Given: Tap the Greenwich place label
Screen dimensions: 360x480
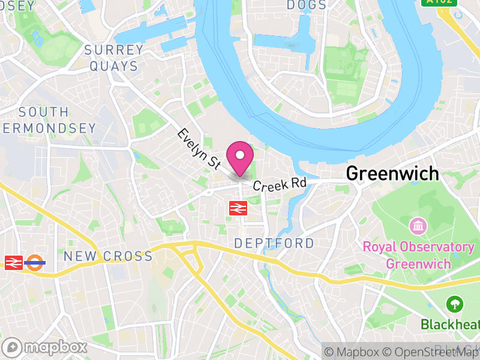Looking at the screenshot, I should [x=392, y=174].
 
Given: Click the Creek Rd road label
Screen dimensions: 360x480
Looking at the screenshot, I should [x=279, y=184].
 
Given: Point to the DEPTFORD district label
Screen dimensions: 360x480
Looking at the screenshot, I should [x=274, y=243].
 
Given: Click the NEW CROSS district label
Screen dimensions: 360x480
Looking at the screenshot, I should [x=108, y=256].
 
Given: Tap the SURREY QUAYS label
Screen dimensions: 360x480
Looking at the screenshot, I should [x=114, y=58].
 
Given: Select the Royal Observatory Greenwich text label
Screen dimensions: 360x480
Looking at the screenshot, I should [x=418, y=255].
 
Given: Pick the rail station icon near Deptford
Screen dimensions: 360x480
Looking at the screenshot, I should [x=238, y=208].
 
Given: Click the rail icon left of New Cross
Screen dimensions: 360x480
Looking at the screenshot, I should [x=13, y=262].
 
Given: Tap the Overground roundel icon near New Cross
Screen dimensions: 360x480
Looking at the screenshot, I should [x=35, y=262].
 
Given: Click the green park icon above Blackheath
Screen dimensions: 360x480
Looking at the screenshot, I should [x=455, y=304].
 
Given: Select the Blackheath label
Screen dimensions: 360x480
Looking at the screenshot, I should [x=450, y=325].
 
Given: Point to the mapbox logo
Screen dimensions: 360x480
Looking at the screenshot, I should [x=45, y=347].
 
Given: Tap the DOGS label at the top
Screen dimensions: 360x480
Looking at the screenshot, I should [x=307, y=5].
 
